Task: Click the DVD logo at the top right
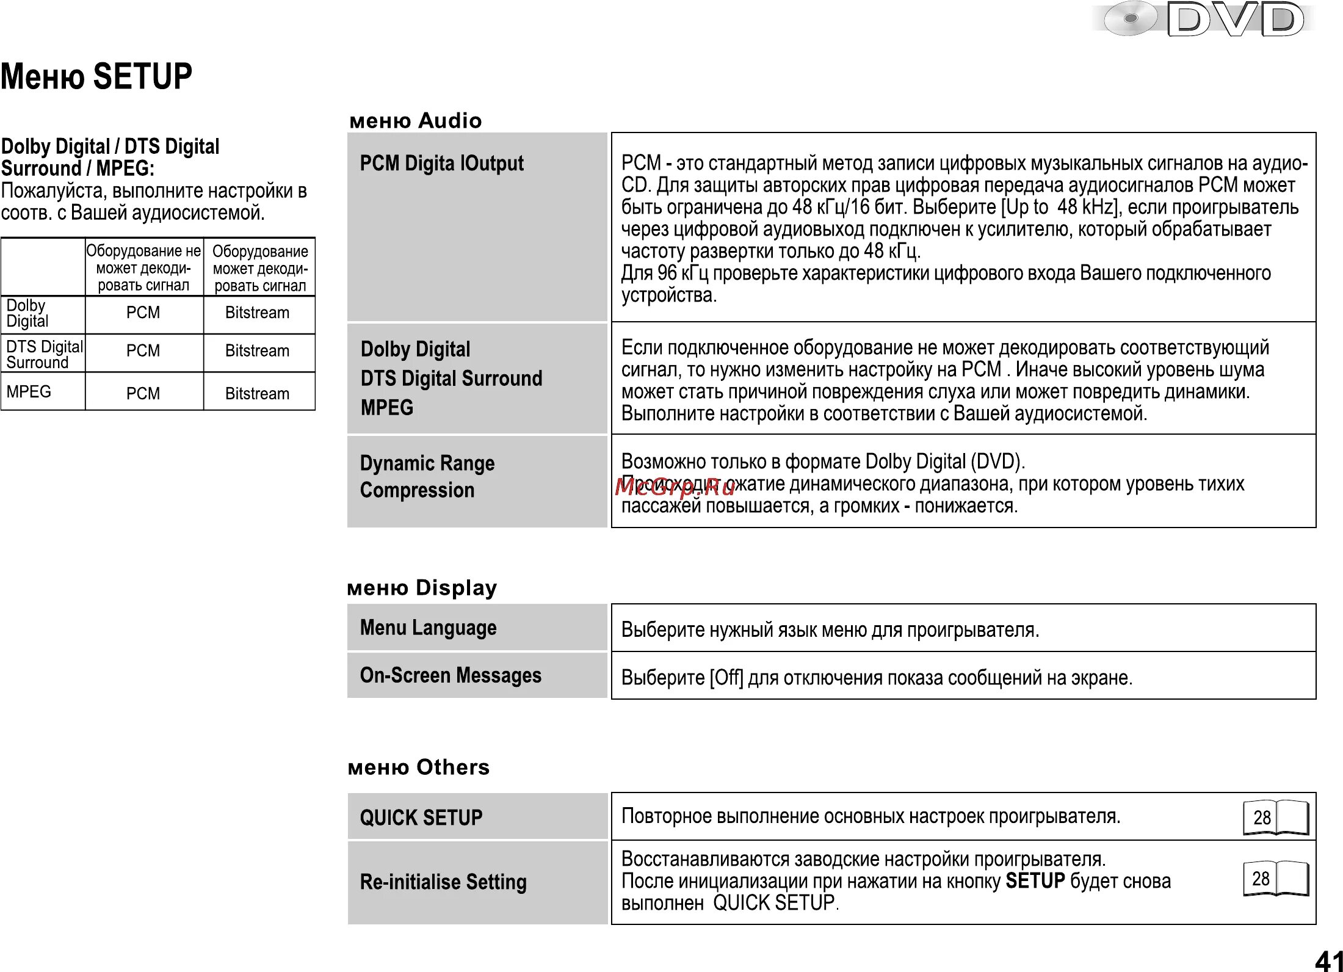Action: pos(1203,20)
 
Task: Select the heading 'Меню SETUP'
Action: pos(96,77)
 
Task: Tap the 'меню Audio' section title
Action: pos(416,121)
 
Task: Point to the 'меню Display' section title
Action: pos(422,588)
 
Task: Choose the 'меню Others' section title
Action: pos(419,767)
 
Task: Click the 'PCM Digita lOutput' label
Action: pos(441,164)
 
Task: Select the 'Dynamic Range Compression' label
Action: pos(427,477)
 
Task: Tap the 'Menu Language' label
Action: pos(428,628)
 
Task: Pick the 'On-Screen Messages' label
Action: pos(451,675)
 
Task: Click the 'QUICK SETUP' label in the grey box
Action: pos(421,818)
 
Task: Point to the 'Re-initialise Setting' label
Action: pos(443,882)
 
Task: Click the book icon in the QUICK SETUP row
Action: pos(1276,817)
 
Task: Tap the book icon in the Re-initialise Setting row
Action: pos(1276,879)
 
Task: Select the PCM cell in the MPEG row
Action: pos(143,394)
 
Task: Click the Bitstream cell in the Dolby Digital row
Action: pos(257,313)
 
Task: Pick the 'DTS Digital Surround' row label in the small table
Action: pos(44,355)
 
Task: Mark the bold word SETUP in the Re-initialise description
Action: pos(1035,881)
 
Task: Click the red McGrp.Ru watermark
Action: pos(675,487)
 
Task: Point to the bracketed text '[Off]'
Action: pos(726,678)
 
